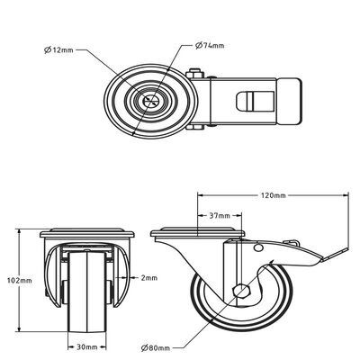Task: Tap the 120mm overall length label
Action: tap(274, 195)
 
